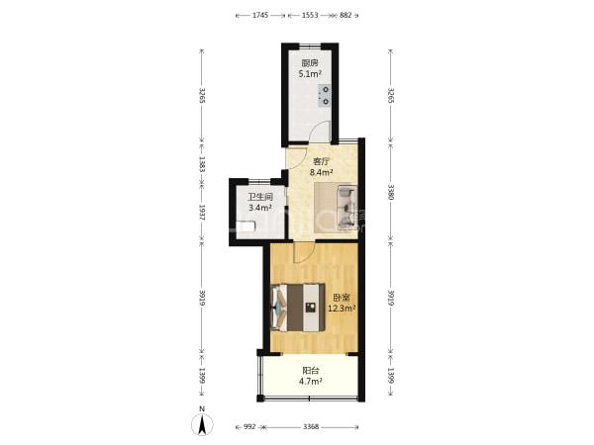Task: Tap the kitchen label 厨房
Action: point(310,63)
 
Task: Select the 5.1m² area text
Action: point(310,74)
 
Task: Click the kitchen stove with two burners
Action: point(325,96)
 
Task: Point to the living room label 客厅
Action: point(321,161)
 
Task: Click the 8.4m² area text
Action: point(321,172)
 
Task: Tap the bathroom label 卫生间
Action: point(260,197)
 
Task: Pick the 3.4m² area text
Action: point(260,208)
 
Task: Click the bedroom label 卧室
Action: point(342,298)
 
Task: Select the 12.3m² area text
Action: point(342,309)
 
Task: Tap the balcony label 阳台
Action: point(310,371)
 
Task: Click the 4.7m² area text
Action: point(311,382)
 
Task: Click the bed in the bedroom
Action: point(298,308)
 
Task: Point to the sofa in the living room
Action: point(346,208)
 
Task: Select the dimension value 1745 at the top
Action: point(260,15)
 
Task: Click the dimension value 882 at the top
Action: point(346,15)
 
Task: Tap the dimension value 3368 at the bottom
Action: point(311,427)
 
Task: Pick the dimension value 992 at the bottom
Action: point(249,427)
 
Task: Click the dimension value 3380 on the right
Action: point(392,192)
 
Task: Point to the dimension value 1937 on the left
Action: point(202,213)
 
